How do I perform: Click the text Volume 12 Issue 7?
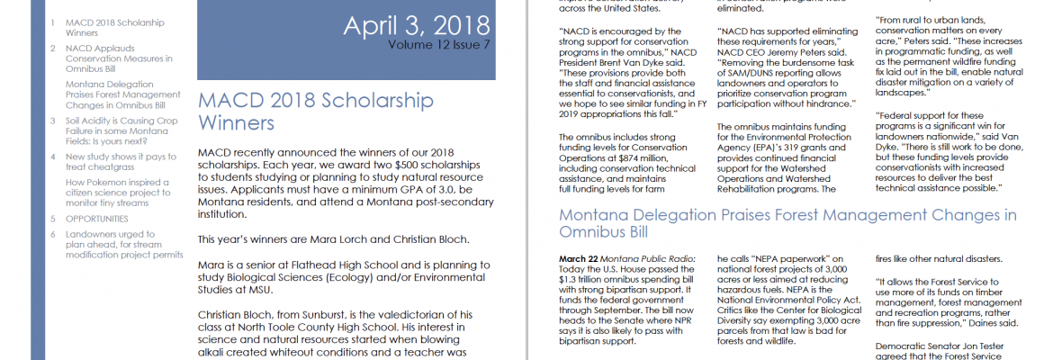pyautogui.click(x=439, y=44)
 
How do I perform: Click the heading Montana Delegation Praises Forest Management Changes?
pyautogui.click(x=787, y=223)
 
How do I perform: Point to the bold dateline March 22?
pyautogui.click(x=578, y=258)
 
